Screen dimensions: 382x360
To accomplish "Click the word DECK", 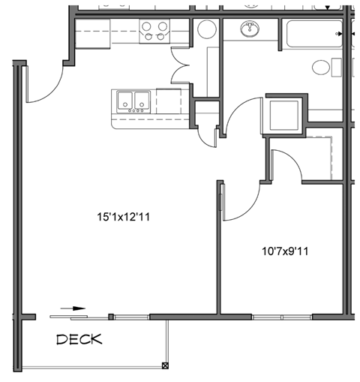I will [79, 340].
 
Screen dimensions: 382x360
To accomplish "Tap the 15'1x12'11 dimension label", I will [130, 218].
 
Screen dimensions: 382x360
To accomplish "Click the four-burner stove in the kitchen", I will [155, 31].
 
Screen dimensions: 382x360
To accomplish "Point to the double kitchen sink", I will [133, 101].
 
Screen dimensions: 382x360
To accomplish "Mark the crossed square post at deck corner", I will [166, 365].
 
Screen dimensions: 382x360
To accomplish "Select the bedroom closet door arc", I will [286, 165].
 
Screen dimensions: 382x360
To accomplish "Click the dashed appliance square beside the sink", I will [168, 101].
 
